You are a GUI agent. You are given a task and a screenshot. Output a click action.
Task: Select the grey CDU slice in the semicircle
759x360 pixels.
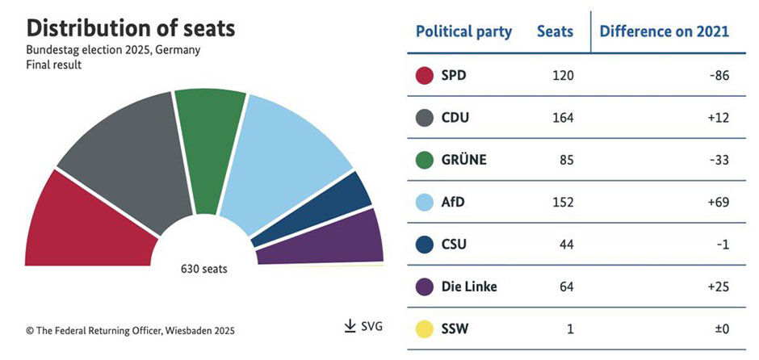click(x=121, y=157)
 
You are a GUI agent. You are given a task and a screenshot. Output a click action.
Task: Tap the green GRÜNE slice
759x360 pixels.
click(x=208, y=137)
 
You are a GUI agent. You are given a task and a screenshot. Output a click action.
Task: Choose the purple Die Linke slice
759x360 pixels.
click(x=331, y=242)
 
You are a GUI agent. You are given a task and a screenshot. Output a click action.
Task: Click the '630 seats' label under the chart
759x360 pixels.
click(x=203, y=269)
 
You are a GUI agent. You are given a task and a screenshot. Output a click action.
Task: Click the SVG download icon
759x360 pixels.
click(x=350, y=326)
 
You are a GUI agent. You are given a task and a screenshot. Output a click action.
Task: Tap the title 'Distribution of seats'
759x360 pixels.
click(x=131, y=29)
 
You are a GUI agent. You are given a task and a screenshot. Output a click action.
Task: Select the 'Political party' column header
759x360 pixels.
click(x=463, y=31)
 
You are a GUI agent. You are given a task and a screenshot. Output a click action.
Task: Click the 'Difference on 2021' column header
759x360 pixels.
click(x=664, y=31)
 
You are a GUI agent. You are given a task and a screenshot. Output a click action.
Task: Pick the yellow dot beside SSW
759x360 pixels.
click(x=425, y=330)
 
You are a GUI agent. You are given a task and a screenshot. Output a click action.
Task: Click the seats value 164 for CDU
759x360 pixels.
click(x=563, y=118)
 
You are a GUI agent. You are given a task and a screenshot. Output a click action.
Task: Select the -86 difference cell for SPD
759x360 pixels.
click(x=717, y=76)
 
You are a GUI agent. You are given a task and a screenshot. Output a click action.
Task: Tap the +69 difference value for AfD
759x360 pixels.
click(x=717, y=202)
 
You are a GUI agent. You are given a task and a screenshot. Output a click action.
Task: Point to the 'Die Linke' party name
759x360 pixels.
click(x=469, y=287)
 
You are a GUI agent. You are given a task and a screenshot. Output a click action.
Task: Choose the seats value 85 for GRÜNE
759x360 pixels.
click(x=566, y=160)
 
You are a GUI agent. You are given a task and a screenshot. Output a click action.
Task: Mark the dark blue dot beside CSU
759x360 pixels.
click(x=425, y=245)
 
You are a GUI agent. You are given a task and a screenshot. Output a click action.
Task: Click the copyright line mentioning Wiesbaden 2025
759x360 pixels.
click(x=131, y=330)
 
